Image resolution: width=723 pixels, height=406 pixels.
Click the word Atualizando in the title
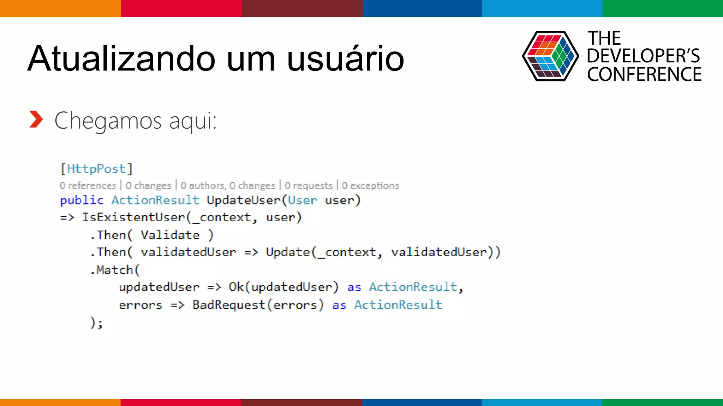tap(121, 59)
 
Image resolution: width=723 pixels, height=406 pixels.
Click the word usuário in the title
tap(345, 59)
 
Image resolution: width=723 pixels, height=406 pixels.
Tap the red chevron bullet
tap(36, 119)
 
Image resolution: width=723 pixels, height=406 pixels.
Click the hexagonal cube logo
tap(550, 56)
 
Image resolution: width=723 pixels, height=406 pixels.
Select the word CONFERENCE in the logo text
tap(644, 75)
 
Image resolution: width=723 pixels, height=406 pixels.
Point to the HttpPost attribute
tap(96, 169)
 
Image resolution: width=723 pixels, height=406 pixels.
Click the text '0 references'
tap(88, 185)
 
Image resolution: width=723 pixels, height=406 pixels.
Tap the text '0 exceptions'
tap(370, 185)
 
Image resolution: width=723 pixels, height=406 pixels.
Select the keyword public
tap(82, 200)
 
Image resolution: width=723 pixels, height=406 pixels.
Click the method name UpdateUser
tap(243, 200)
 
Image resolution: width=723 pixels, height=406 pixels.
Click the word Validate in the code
tap(170, 235)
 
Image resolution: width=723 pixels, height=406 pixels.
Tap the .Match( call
tap(115, 270)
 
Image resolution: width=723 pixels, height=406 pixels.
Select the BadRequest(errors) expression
tap(258, 305)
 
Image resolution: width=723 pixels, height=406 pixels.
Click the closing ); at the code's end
tap(96, 322)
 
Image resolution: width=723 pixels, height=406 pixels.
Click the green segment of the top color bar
tap(662, 8)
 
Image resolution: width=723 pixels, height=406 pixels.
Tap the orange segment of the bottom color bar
tap(60, 402)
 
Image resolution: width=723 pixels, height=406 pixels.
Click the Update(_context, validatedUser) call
tap(383, 252)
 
